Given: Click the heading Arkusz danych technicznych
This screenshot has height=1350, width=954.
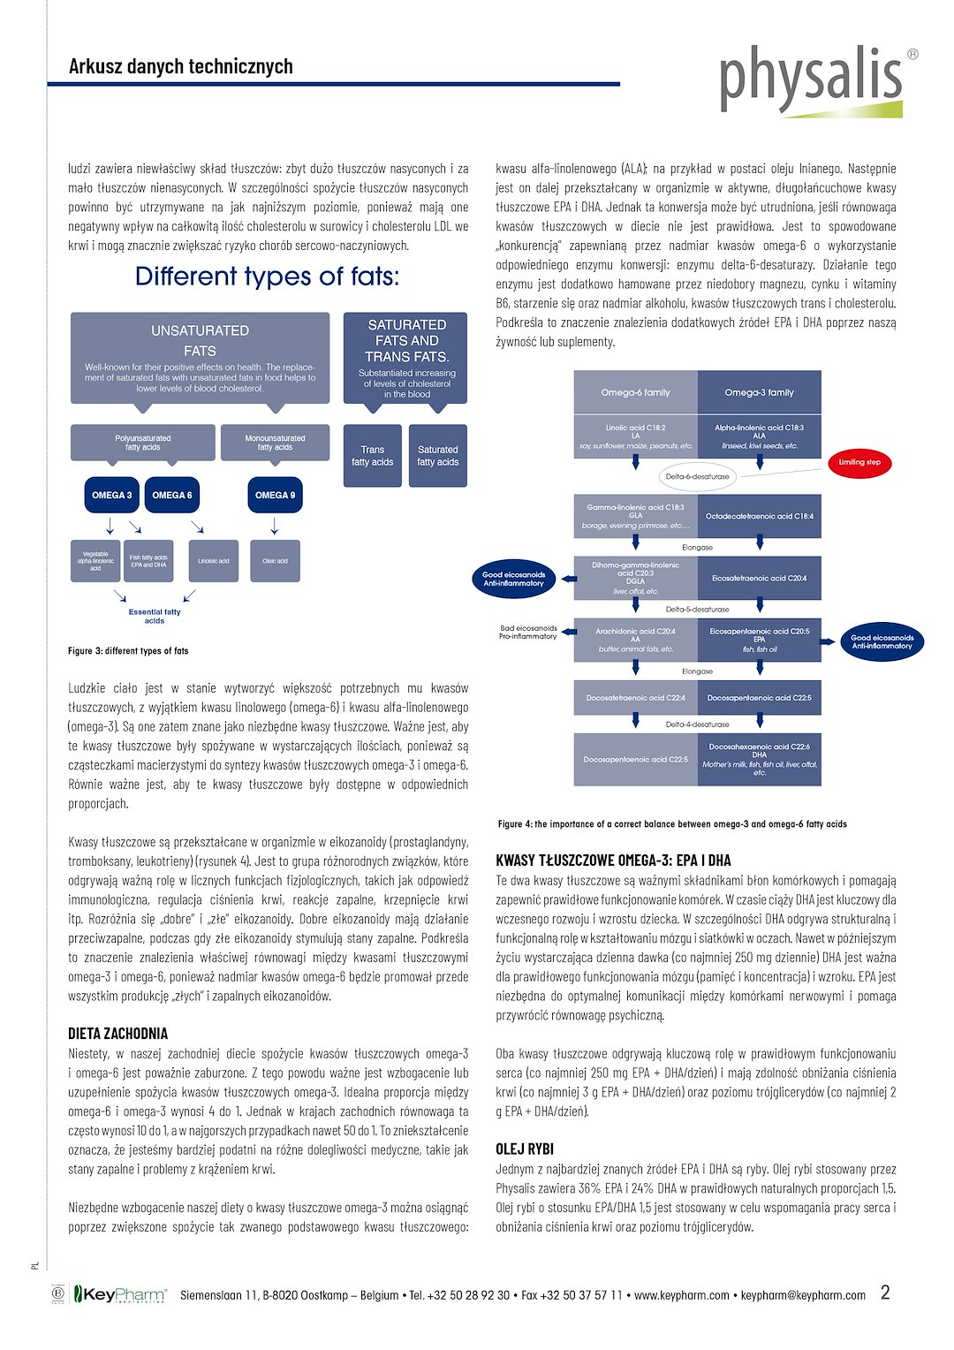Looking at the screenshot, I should click(180, 66).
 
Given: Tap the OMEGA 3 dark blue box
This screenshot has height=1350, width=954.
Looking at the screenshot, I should click(111, 496).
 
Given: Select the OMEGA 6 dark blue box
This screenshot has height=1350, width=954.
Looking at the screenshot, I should click(172, 496).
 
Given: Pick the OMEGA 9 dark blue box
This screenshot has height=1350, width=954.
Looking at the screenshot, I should click(275, 496).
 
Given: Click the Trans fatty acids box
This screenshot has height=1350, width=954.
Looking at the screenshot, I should click(372, 456).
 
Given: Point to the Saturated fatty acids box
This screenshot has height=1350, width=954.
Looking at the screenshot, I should click(437, 456).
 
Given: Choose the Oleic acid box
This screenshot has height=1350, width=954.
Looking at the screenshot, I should click(275, 561).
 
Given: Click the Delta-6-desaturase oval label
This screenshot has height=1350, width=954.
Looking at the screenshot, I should click(697, 476).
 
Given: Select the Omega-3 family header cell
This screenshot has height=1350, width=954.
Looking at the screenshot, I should click(759, 392).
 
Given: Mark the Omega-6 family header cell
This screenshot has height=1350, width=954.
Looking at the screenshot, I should click(635, 392).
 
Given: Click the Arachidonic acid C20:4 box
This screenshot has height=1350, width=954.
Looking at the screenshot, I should click(635, 640).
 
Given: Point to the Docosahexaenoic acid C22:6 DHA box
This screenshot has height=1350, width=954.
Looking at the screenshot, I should click(759, 759).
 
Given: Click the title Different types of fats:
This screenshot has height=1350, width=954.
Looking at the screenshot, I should click(267, 277).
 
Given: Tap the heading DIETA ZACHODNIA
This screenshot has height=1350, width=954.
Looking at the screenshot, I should click(117, 1034).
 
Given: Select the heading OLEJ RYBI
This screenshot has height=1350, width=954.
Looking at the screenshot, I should click(525, 1149).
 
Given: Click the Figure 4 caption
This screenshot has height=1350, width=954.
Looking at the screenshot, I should click(672, 824).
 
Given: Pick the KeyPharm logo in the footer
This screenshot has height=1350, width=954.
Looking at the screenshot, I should click(118, 1294).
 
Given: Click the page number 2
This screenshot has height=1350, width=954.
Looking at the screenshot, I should click(885, 1293).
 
